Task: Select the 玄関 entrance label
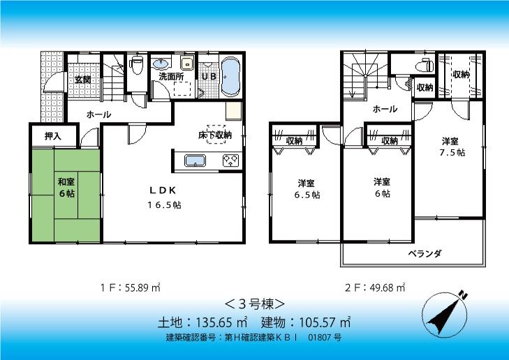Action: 83,80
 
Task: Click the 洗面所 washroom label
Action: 171,76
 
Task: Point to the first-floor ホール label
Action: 98,114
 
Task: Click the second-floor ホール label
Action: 385,109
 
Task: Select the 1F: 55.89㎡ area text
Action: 130,287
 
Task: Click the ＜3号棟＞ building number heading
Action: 253,304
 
